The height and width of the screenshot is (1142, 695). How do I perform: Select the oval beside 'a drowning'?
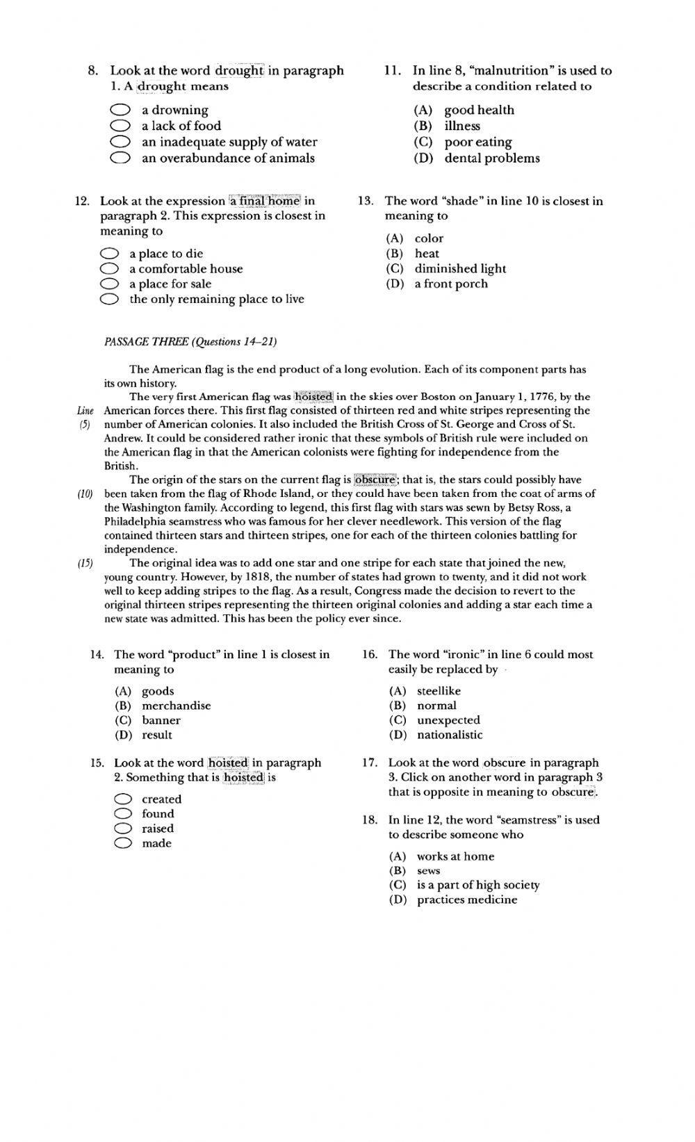click(120, 110)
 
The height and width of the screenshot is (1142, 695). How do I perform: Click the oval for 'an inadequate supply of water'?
click(120, 142)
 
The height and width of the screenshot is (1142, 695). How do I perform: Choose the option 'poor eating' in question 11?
click(477, 142)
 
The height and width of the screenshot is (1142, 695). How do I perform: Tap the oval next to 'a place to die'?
click(109, 254)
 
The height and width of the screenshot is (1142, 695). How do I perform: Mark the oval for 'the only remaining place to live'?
click(109, 300)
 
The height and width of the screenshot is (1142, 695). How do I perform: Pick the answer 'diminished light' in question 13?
click(459, 269)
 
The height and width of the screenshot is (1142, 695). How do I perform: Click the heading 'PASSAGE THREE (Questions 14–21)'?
click(190, 342)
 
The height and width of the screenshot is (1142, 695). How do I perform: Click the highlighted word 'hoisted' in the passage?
click(313, 397)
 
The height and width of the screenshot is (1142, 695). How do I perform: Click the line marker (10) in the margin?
click(85, 494)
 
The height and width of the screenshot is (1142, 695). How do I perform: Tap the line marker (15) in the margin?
click(85, 564)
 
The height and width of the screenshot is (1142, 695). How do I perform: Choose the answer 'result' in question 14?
click(156, 735)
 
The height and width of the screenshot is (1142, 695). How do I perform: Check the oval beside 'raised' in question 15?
click(123, 829)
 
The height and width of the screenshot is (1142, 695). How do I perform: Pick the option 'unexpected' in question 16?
click(448, 721)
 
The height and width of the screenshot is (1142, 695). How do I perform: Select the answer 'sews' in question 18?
click(428, 871)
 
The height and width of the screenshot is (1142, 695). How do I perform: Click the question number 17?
click(369, 762)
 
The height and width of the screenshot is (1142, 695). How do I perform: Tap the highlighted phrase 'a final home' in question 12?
click(265, 201)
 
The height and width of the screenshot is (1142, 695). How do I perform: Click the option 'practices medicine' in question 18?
click(466, 900)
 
